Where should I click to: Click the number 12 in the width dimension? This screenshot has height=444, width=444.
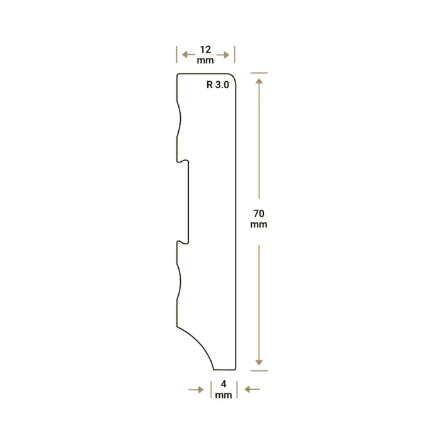205,50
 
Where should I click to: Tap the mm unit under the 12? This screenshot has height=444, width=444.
205,60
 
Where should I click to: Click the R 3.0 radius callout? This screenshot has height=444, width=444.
218,84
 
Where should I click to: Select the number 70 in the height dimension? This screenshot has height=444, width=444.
259,213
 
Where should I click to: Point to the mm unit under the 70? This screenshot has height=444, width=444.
259,225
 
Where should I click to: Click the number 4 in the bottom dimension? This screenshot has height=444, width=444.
224,384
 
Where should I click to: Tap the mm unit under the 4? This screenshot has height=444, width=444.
224,395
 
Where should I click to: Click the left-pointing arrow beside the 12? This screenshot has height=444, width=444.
188,54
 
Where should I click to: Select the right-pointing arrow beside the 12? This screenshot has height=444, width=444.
223,55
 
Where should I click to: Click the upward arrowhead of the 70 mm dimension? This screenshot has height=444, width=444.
259,81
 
